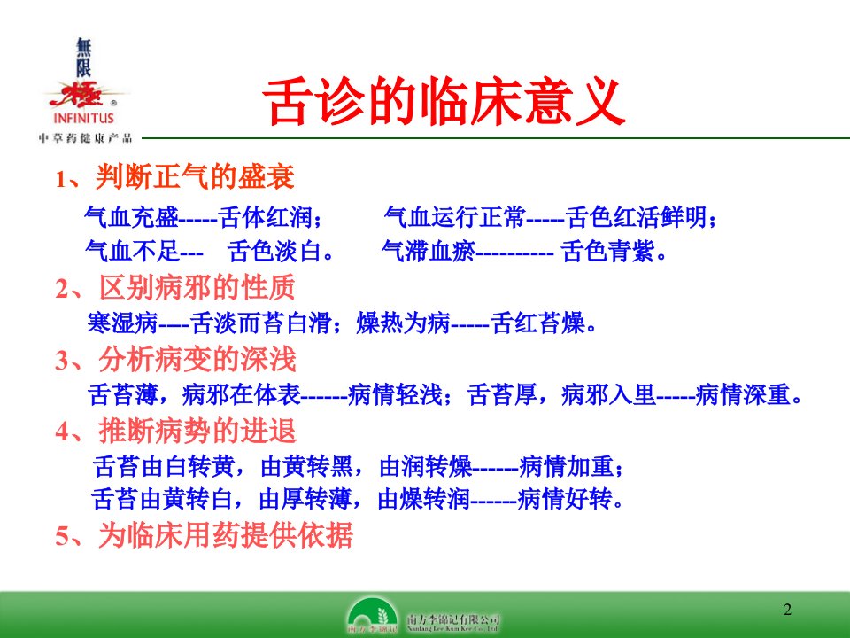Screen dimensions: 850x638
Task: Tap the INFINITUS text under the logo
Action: tap(83, 118)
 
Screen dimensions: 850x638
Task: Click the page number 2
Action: tap(787, 610)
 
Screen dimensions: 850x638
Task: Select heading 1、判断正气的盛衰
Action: tap(174, 177)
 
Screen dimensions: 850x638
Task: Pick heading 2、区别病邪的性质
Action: tap(175, 287)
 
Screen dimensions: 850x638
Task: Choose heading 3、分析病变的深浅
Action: tap(175, 359)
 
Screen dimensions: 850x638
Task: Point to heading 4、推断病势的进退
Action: tap(175, 432)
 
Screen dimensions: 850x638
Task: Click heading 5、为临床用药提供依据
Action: tap(204, 535)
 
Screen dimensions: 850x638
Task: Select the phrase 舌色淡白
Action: tap(274, 251)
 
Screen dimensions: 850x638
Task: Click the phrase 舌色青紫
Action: tap(607, 251)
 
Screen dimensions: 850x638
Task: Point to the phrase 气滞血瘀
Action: tap(429, 251)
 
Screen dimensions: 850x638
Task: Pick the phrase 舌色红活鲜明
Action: tap(637, 218)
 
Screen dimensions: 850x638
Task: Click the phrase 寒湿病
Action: tap(122, 323)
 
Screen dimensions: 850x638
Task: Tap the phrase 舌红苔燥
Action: tap(538, 323)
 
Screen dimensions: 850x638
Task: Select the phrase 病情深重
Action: tap(743, 394)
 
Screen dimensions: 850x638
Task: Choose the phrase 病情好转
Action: tap(564, 499)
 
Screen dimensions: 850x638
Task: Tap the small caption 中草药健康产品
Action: tap(86, 138)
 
